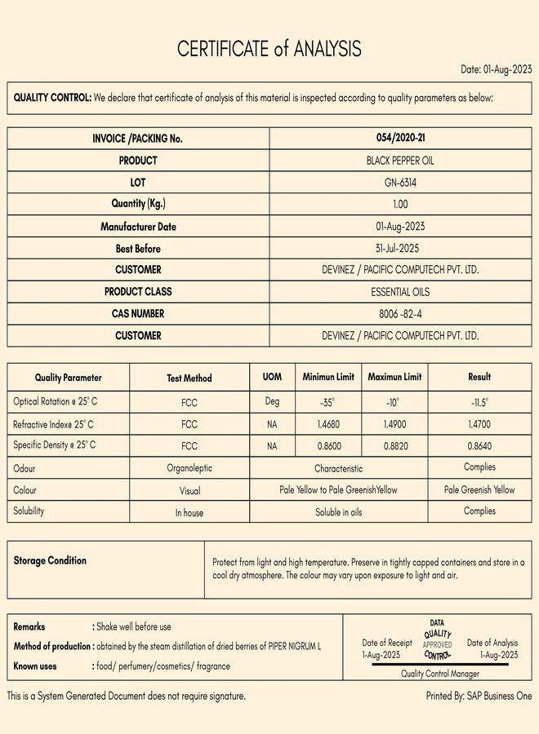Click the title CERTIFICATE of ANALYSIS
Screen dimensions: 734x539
tap(269, 49)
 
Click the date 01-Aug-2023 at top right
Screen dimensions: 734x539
tap(496, 69)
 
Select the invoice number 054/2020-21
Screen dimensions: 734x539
tap(400, 138)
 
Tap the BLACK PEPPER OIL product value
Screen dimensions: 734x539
tap(400, 161)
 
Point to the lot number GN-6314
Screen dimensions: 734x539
tap(400, 183)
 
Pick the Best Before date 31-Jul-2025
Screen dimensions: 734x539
tap(400, 249)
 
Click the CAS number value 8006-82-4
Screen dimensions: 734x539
tap(400, 313)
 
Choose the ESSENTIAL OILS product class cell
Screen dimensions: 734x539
tap(400, 291)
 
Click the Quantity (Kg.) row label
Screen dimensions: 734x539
tap(138, 204)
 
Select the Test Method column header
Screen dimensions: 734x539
tap(189, 378)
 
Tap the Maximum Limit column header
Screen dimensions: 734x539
tap(394, 377)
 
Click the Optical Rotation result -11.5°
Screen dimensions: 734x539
tap(479, 402)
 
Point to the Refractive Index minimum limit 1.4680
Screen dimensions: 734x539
tap(328, 424)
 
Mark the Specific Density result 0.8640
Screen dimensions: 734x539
tap(479, 446)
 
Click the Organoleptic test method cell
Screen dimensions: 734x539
tap(189, 468)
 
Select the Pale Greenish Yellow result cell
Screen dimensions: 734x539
tap(479, 490)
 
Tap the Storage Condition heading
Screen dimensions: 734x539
tap(50, 561)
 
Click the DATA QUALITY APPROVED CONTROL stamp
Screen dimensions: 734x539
tap(438, 639)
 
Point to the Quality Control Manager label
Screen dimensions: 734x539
tap(440, 674)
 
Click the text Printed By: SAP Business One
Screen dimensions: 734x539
tap(479, 696)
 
